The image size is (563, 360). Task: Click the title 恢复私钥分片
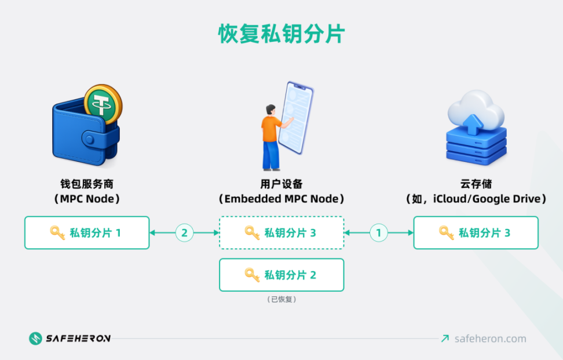pyautogui.click(x=281, y=34)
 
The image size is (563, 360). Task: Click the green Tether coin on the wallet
pyautogui.click(x=103, y=104)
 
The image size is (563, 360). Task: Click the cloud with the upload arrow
pyautogui.click(x=474, y=110)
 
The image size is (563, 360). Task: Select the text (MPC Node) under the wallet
pyautogui.click(x=87, y=199)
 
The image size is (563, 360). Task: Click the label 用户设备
pyautogui.click(x=281, y=184)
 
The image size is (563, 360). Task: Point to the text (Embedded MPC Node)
pyautogui.click(x=281, y=199)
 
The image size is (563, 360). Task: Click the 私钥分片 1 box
pyautogui.click(x=87, y=233)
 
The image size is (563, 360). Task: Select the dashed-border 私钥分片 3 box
pyautogui.click(x=281, y=233)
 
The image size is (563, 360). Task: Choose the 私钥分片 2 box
pyautogui.click(x=281, y=275)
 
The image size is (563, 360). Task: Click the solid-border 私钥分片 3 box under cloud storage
pyautogui.click(x=476, y=233)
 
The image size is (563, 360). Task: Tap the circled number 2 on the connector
pyautogui.click(x=184, y=233)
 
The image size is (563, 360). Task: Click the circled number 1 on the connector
pyautogui.click(x=379, y=233)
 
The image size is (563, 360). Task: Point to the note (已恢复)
pyautogui.click(x=281, y=300)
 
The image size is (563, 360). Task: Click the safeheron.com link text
pyautogui.click(x=490, y=339)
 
